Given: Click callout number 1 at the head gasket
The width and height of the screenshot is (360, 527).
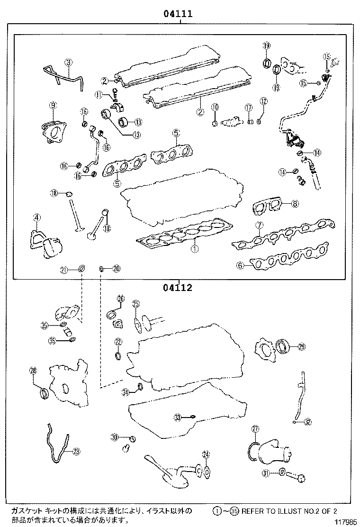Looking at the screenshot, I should (x=194, y=247).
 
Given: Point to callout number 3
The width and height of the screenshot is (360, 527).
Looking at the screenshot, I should (x=69, y=62).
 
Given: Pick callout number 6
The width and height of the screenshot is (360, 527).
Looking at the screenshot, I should (x=240, y=266).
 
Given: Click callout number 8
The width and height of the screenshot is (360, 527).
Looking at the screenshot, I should (x=295, y=204).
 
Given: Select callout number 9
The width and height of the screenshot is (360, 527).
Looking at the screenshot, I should (x=53, y=105).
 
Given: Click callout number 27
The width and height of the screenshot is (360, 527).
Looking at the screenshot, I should (x=255, y=429).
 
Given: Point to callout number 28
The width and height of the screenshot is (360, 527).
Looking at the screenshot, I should (x=33, y=371).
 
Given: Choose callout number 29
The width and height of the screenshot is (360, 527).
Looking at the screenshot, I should (x=301, y=347).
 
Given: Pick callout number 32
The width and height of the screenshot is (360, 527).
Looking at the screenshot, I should (x=308, y=421).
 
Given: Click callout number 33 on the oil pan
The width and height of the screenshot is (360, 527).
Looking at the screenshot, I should (x=177, y=417).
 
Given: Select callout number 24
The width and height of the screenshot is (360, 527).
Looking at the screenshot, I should (x=206, y=455).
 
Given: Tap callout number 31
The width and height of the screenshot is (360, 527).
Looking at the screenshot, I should (x=266, y=473).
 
